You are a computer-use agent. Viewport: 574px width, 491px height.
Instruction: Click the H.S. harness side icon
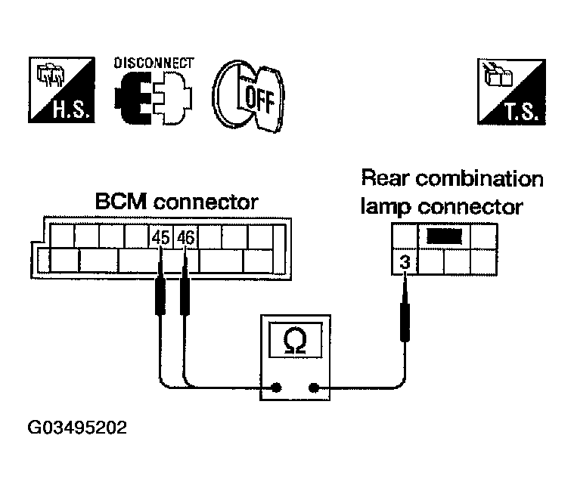click(x=61, y=90)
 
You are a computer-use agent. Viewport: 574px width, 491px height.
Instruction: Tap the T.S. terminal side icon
click(x=511, y=91)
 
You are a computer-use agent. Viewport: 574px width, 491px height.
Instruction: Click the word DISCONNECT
click(x=154, y=63)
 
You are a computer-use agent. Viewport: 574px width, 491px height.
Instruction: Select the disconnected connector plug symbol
click(x=153, y=97)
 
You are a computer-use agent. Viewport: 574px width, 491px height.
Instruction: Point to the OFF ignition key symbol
click(x=248, y=96)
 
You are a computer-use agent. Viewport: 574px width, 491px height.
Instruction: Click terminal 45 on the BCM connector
click(x=161, y=238)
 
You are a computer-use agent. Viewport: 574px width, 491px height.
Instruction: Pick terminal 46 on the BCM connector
click(x=185, y=238)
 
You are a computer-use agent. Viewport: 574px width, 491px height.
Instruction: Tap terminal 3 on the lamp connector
click(x=405, y=262)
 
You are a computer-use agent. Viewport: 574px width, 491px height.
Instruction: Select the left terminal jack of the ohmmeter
click(x=276, y=388)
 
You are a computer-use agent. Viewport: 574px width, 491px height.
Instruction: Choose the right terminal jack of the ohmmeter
click(x=313, y=388)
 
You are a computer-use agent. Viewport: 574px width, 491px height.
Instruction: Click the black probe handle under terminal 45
click(x=160, y=296)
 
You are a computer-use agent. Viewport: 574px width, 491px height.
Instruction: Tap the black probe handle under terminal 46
click(x=185, y=296)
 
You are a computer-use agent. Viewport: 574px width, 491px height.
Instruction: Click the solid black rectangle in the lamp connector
click(x=445, y=236)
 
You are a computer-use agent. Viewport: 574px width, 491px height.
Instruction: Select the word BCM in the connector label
click(x=121, y=202)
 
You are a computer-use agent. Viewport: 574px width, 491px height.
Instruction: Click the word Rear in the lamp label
click(x=385, y=178)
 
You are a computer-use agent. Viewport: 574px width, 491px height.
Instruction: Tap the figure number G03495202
click(x=77, y=428)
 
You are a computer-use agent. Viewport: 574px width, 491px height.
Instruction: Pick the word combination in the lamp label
click(x=479, y=179)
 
